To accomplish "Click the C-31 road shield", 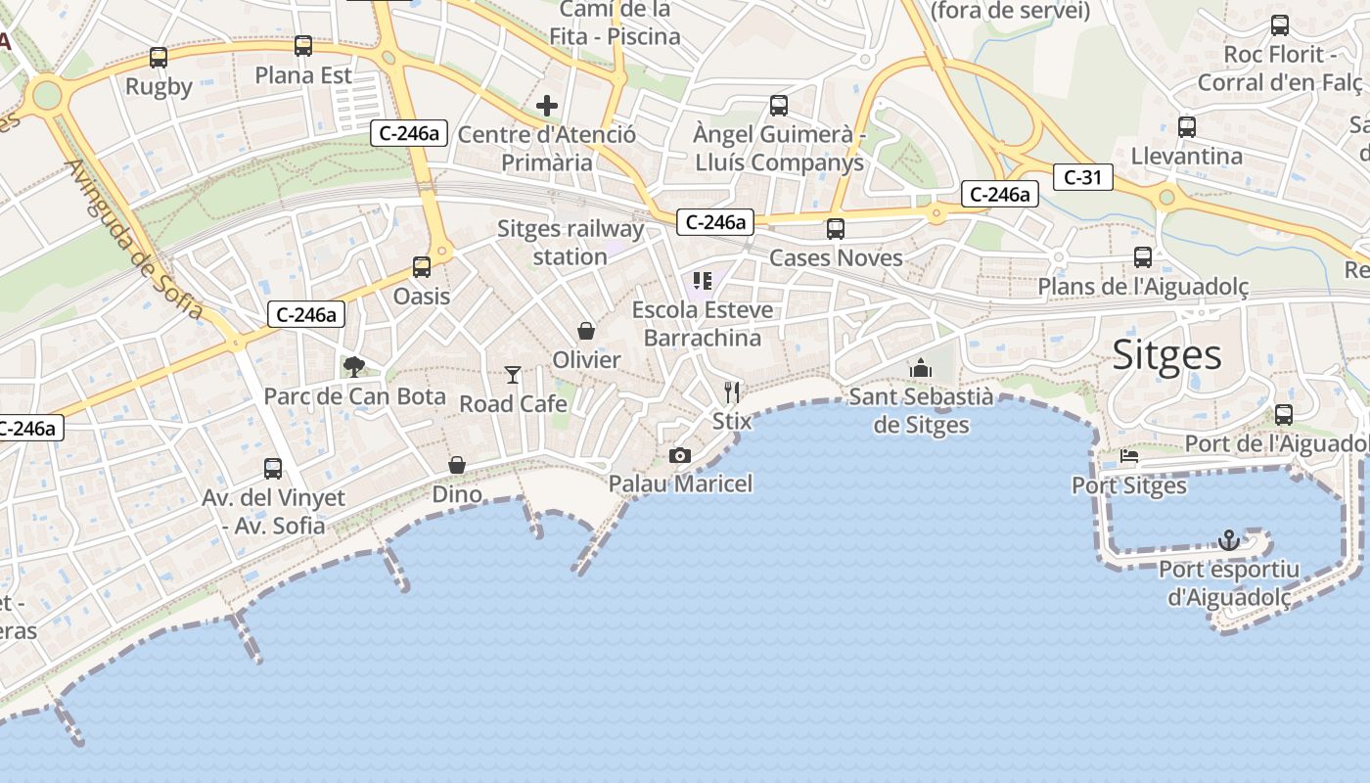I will pyautogui.click(x=1083, y=177).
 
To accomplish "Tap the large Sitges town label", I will pyautogui.click(x=1167, y=354).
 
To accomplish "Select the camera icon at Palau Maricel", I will pyautogui.click(x=680, y=455).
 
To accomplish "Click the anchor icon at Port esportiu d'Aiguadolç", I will pyautogui.click(x=1228, y=539).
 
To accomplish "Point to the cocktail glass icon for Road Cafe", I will pyautogui.click(x=513, y=374).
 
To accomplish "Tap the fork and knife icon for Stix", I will pyautogui.click(x=732, y=391).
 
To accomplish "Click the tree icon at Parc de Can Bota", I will pyautogui.click(x=354, y=367).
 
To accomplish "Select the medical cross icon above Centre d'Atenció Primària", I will pyautogui.click(x=547, y=105).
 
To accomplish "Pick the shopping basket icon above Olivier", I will pyautogui.click(x=586, y=331).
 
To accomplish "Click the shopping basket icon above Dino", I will pyautogui.click(x=457, y=464).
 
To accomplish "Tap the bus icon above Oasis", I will pyautogui.click(x=422, y=266).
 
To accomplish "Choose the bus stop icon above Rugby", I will pyautogui.click(x=159, y=58).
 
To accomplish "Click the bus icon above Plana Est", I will pyautogui.click(x=303, y=46).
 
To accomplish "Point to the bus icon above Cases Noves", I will pyautogui.click(x=836, y=229).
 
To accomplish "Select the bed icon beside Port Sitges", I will pyautogui.click(x=1129, y=456).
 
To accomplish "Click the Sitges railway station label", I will pyautogui.click(x=571, y=243).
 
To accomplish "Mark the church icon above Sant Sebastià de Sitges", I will pyautogui.click(x=920, y=368).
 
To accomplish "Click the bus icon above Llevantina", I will pyautogui.click(x=1187, y=126).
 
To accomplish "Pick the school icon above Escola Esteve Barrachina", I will pyautogui.click(x=702, y=281).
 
